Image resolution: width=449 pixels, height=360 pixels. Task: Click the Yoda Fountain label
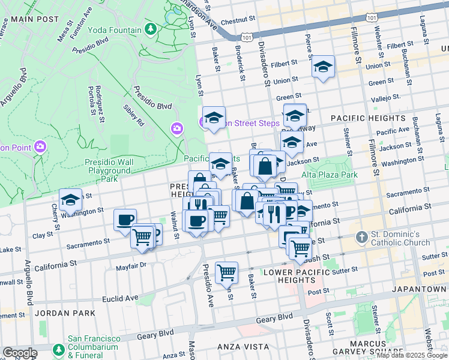[115, 30]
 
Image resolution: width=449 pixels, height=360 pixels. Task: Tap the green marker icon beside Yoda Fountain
[151, 29]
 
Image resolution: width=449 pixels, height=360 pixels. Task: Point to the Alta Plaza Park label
[330, 175]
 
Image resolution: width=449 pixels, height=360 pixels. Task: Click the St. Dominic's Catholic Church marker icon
[361, 237]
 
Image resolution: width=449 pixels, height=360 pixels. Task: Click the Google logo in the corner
[20, 353]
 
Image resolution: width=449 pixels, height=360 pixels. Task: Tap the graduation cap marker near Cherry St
[71, 200]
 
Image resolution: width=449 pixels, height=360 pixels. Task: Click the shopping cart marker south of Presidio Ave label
[226, 272]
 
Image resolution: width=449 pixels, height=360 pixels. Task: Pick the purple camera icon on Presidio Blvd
[176, 128]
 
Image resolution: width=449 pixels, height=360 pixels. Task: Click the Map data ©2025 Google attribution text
[411, 355]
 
